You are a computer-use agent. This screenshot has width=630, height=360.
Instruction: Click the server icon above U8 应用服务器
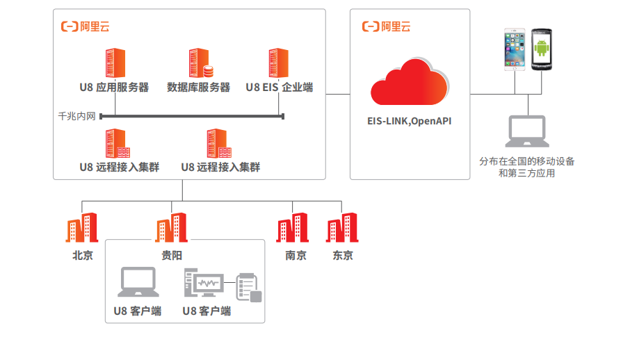pos(114,63)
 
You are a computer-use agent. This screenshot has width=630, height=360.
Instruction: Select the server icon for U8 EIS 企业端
pos(279,63)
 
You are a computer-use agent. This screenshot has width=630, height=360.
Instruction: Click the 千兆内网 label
pos(76,116)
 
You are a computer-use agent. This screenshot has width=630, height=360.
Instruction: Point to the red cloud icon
pos(410,83)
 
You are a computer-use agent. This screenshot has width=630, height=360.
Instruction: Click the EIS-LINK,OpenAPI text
pos(410,121)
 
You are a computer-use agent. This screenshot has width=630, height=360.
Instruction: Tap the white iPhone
pos(515,49)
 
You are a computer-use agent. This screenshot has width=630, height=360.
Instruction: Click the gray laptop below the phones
pos(527,132)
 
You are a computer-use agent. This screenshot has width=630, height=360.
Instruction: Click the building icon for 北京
pos(82,228)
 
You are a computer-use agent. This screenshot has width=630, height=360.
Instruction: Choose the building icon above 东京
pos(342,228)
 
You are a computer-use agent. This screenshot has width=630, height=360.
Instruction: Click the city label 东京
pos(343,255)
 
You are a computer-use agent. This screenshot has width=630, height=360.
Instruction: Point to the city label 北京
pos(83,255)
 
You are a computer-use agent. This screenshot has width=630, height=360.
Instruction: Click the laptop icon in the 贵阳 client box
pos(138,282)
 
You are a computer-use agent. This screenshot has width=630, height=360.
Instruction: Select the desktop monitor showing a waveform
pos(204,284)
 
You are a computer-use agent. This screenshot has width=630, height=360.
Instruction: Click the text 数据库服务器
pos(199,88)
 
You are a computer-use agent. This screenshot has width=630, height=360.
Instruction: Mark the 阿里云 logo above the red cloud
pos(387,26)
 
